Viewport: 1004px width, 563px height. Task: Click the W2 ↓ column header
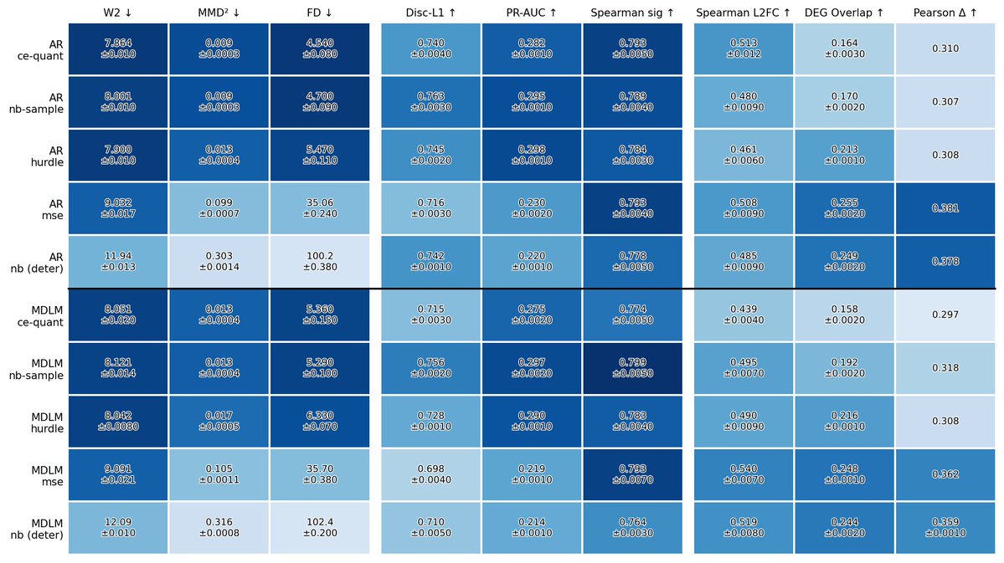(118, 13)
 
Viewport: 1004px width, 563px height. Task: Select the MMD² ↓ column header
(219, 13)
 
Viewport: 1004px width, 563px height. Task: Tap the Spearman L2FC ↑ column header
(744, 13)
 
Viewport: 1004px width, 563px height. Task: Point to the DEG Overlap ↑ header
(845, 13)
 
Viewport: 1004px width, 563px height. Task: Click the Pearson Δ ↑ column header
(945, 13)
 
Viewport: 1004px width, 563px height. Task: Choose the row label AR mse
(52, 209)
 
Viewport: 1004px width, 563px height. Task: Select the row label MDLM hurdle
(47, 422)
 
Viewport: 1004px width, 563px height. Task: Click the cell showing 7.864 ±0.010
(118, 49)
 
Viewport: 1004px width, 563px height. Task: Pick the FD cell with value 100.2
(320, 262)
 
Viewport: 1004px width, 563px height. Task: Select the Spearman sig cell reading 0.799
(632, 368)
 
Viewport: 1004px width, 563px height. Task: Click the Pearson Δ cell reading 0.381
(945, 208)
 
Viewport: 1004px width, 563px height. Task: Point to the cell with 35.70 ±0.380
(320, 474)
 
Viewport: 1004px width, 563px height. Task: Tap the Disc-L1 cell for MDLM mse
(430, 474)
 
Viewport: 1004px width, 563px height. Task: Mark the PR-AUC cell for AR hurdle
(532, 155)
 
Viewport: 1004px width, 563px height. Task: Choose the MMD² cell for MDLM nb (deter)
(219, 528)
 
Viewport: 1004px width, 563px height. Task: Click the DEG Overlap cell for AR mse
(845, 208)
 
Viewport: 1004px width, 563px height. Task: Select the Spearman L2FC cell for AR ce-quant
(744, 49)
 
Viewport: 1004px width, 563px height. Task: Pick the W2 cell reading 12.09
(118, 528)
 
